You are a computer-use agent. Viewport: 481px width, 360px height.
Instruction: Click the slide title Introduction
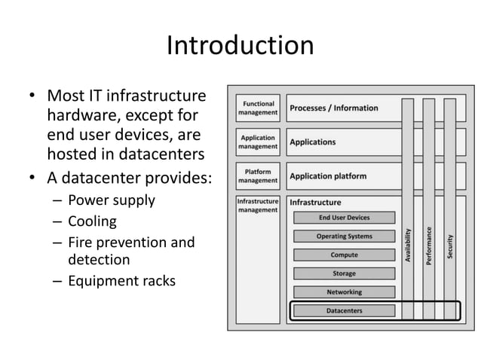tap(240, 46)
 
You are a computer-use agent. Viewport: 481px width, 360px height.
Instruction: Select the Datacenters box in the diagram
tap(344, 310)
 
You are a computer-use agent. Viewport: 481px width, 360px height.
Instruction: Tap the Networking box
tap(344, 291)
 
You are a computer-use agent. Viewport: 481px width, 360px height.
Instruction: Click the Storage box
tap(344, 273)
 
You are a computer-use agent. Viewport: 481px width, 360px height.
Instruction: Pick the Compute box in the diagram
tap(344, 255)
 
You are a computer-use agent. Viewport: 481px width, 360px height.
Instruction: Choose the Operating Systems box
tap(344, 236)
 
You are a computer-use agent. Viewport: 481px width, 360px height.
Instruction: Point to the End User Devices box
tap(344, 218)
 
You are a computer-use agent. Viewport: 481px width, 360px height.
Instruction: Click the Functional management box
tap(258, 108)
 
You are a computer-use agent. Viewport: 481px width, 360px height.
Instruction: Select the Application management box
tap(258, 142)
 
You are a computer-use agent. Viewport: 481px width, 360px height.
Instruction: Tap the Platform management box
tap(258, 176)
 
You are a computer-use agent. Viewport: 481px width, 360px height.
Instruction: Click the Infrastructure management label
tap(258, 206)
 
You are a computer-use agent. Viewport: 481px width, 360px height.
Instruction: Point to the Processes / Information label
tap(334, 108)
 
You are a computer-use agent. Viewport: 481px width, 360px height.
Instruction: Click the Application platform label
tap(328, 176)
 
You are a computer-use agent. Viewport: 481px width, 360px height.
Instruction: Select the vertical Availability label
tap(408, 245)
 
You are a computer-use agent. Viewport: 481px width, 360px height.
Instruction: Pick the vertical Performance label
tap(429, 245)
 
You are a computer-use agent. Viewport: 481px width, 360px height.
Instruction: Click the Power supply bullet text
tap(111, 200)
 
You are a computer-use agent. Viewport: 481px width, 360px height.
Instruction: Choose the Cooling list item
tap(93, 221)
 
